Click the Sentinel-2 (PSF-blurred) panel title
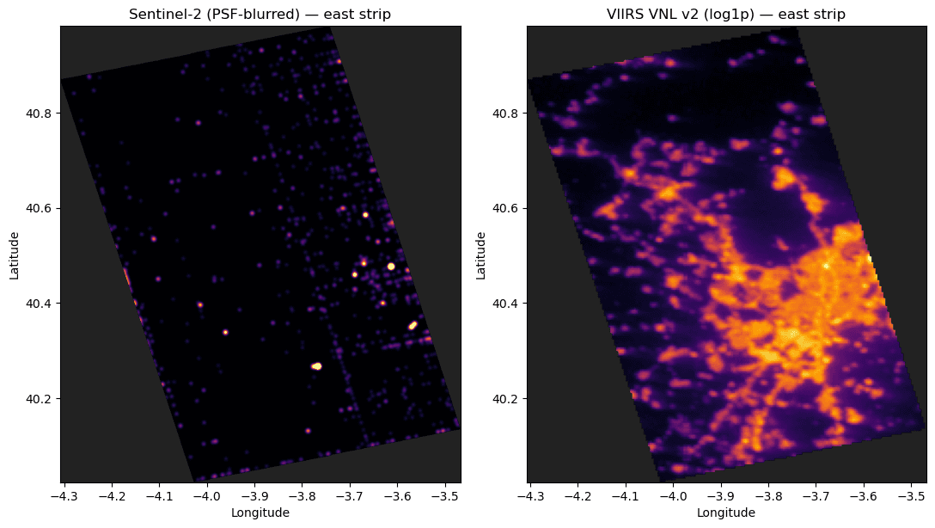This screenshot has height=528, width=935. pyautogui.click(x=260, y=14)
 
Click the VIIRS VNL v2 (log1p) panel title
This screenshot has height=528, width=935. pyautogui.click(x=726, y=14)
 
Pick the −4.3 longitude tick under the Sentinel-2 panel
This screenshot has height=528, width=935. pyautogui.click(x=64, y=496)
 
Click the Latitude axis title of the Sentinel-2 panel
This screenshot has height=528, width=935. pyautogui.click(x=15, y=255)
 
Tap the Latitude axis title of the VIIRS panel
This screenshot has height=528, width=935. pyautogui.click(x=480, y=255)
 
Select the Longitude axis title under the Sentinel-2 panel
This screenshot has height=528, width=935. pyautogui.click(x=260, y=513)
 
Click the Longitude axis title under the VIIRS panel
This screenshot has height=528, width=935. pyautogui.click(x=726, y=513)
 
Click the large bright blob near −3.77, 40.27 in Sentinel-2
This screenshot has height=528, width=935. pyautogui.click(x=316, y=365)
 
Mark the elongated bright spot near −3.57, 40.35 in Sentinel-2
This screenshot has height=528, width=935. pyautogui.click(x=412, y=325)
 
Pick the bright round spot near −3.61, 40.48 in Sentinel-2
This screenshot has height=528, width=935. pyautogui.click(x=391, y=266)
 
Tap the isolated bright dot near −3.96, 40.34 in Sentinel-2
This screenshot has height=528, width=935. pyautogui.click(x=225, y=332)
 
